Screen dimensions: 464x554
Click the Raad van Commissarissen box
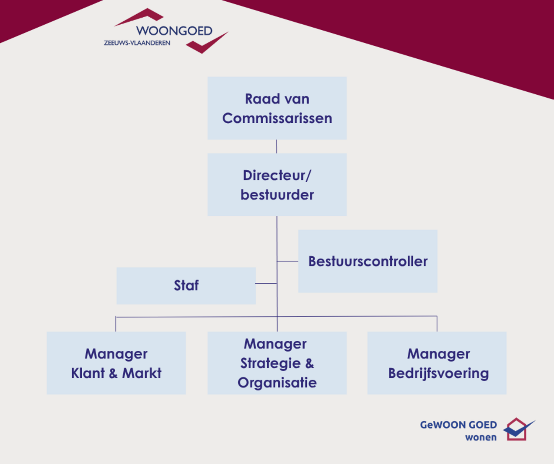(277, 108)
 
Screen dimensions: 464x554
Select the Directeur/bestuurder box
(277, 185)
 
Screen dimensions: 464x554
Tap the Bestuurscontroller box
(367, 261)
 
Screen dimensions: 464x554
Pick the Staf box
(186, 285)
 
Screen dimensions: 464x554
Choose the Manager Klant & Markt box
(116, 363)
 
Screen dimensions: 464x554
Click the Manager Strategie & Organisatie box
(277, 363)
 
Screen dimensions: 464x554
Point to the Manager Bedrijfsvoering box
(437, 363)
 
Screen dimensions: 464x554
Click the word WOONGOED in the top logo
(174, 31)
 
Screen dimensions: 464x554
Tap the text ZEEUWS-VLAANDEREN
(137, 43)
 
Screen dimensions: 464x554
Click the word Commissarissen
(277, 118)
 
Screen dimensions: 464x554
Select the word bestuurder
(277, 195)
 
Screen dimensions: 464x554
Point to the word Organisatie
(277, 383)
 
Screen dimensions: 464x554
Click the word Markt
(142, 373)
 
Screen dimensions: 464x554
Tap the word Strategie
(271, 363)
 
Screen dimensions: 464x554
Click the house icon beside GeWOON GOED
(518, 429)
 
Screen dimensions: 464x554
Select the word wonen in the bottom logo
(481, 437)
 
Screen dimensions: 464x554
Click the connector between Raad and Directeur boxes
(277, 146)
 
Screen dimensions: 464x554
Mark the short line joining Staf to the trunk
(266, 284)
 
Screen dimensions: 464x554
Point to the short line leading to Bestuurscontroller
(287, 261)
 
